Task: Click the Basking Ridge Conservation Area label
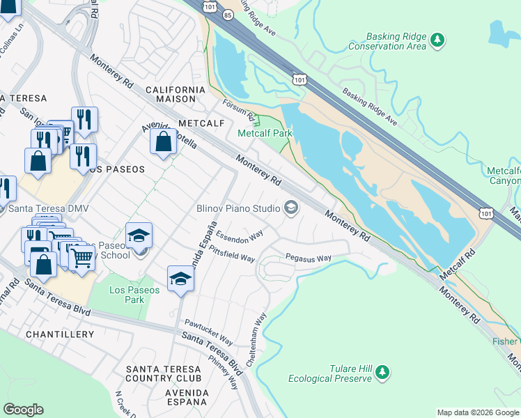coord(395,41)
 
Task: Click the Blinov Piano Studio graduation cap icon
coord(290,208)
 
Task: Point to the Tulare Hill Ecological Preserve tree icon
coord(382,373)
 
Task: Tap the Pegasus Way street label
coord(309,258)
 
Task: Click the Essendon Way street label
coord(238,235)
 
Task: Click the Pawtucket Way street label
coord(208,328)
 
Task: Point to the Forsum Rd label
coord(240,111)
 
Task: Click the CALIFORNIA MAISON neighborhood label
coord(176,95)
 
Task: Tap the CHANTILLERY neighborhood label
coord(60,334)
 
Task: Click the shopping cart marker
coord(82,258)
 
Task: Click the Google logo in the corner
coord(23,410)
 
